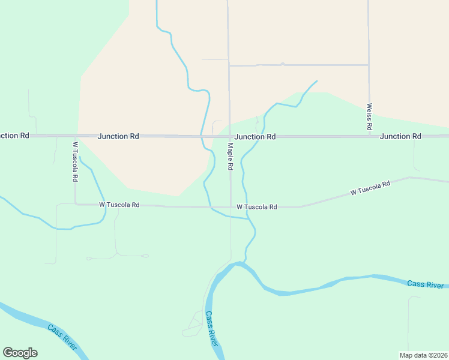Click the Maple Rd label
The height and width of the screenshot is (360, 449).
coord(230,156)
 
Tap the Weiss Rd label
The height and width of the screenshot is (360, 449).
coord(369,117)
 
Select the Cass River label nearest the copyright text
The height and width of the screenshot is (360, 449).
coord(425,284)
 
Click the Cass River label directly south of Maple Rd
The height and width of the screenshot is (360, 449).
coord(211,328)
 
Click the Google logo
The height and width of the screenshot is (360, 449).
coord(20,353)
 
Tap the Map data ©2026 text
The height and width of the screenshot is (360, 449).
coord(423,355)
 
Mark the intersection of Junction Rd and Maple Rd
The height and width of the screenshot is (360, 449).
coord(229,136)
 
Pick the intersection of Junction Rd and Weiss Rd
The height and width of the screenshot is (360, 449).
coord(369,136)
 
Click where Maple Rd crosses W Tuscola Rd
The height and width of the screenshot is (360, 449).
coord(231,207)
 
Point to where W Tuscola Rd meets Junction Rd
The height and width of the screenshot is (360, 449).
coord(76,136)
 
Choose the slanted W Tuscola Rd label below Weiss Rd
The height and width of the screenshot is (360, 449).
coord(370,188)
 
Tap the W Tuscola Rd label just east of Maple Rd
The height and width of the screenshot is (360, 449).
coord(256,207)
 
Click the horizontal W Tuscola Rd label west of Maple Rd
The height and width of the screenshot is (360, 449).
coord(119,205)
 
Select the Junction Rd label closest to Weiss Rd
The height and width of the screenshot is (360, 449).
coord(400,136)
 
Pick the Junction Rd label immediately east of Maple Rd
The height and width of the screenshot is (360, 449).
coord(255,137)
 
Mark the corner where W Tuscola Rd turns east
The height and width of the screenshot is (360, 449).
coord(76,204)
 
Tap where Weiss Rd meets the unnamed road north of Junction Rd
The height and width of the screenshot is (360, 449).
coord(369,65)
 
